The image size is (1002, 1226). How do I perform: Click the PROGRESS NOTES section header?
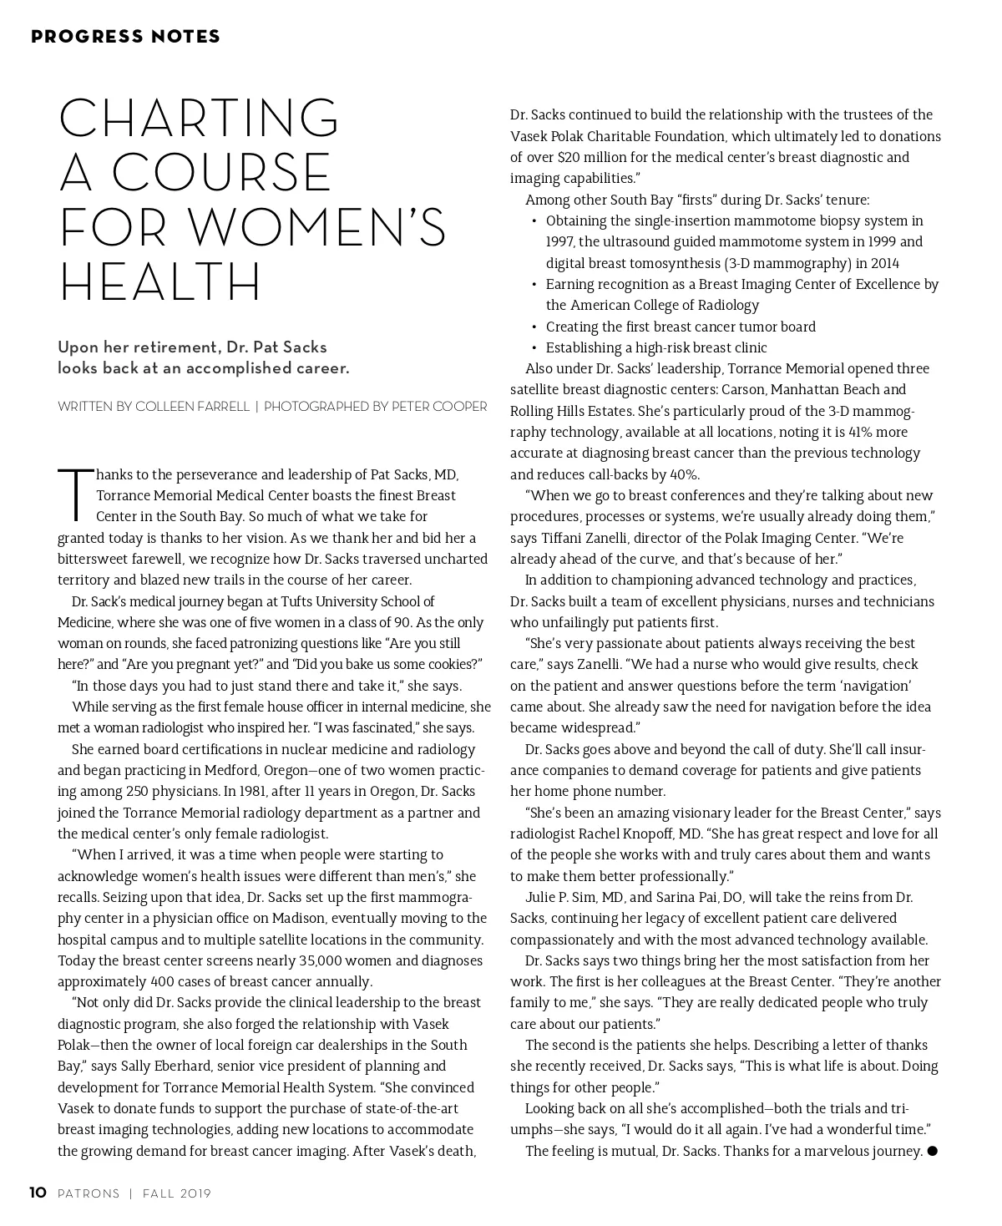click(x=126, y=37)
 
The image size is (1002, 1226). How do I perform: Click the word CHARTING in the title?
click(x=199, y=119)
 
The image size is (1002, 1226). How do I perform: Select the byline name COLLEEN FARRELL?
click(x=192, y=407)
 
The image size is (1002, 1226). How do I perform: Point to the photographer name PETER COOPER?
click(x=439, y=407)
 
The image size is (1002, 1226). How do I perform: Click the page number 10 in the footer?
click(x=38, y=1193)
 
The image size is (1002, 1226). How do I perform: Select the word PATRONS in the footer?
click(x=89, y=1194)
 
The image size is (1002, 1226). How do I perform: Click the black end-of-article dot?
click(x=933, y=1151)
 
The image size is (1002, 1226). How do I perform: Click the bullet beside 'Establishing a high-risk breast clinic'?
click(x=534, y=347)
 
